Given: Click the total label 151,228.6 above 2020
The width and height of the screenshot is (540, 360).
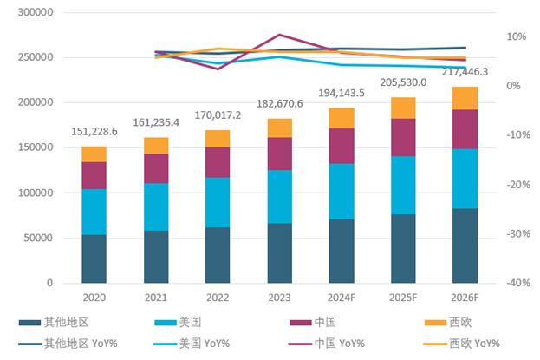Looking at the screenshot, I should [x=94, y=132].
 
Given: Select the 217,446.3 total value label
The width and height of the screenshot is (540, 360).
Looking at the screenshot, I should [x=465, y=72].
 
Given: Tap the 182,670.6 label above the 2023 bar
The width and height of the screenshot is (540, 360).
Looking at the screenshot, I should [x=279, y=104].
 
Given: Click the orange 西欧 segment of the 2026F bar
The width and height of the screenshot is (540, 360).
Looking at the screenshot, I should [x=465, y=98].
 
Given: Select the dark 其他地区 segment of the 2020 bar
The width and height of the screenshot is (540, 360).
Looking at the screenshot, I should [x=94, y=259].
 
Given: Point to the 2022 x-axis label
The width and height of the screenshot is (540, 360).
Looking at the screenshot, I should [x=218, y=298].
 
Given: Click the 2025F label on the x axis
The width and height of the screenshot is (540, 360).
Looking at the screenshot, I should [x=403, y=298].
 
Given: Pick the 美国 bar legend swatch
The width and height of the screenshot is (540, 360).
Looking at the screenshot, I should [x=166, y=324].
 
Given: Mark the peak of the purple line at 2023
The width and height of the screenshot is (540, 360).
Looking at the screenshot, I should [x=279, y=35].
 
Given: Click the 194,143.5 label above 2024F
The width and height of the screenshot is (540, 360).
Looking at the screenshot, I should [x=341, y=92].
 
